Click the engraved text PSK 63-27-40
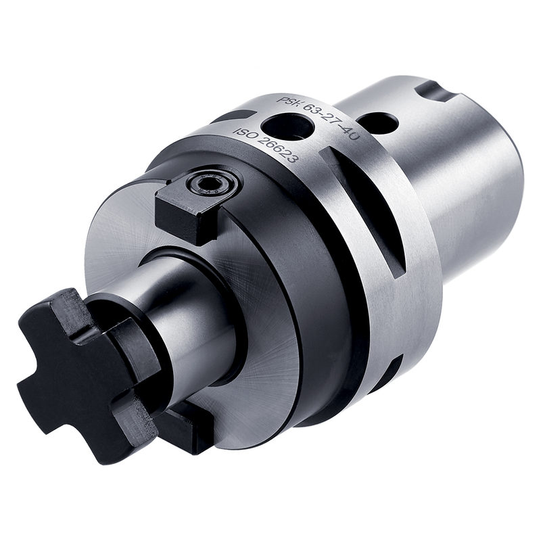tap(319, 116)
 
